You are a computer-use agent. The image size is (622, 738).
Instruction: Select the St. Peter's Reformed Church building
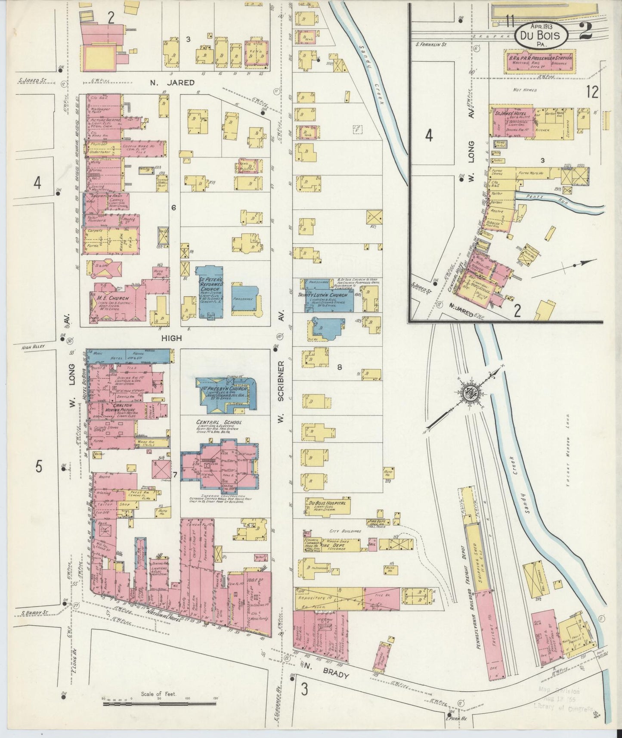209,291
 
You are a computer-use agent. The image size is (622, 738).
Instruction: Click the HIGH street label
171,338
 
